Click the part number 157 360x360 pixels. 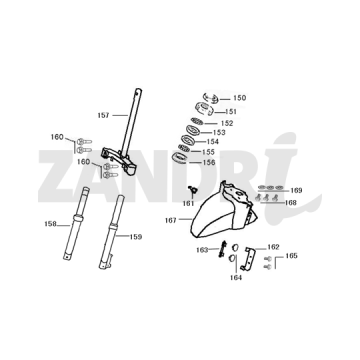(x=104, y=114)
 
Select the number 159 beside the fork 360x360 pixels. (x=137, y=237)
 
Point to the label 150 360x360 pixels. (x=239, y=98)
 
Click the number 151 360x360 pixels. (x=231, y=111)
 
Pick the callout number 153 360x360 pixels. (x=219, y=132)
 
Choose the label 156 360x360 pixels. (x=208, y=162)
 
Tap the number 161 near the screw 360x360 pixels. (x=187, y=202)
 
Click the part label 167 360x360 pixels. (x=170, y=219)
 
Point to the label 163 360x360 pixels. (x=201, y=250)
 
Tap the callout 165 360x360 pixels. (x=291, y=256)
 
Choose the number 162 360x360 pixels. (x=274, y=246)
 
